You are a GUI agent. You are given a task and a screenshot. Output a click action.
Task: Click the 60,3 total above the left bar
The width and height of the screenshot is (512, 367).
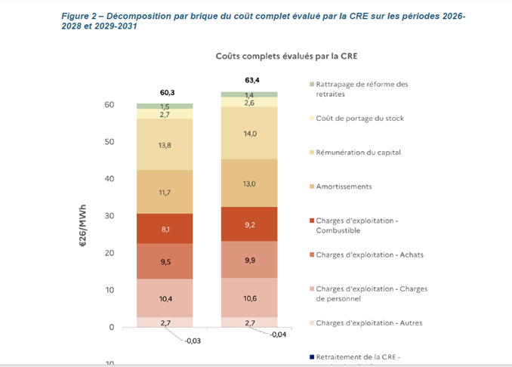(165, 92)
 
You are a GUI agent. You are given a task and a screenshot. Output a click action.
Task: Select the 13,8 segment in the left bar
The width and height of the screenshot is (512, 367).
(165, 144)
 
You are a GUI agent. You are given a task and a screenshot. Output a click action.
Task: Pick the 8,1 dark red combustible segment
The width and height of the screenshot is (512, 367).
(165, 229)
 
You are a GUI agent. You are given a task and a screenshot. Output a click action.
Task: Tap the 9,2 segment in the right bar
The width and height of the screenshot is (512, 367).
(249, 224)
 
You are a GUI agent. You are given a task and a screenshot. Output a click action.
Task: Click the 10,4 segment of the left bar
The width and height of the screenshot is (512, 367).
(165, 299)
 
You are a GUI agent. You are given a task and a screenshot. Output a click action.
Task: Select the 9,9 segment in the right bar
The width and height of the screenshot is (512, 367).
(249, 260)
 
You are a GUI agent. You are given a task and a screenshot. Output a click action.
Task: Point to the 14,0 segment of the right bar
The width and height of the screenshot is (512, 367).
(249, 134)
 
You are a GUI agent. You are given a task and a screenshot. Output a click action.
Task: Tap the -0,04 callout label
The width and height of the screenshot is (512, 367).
(278, 335)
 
